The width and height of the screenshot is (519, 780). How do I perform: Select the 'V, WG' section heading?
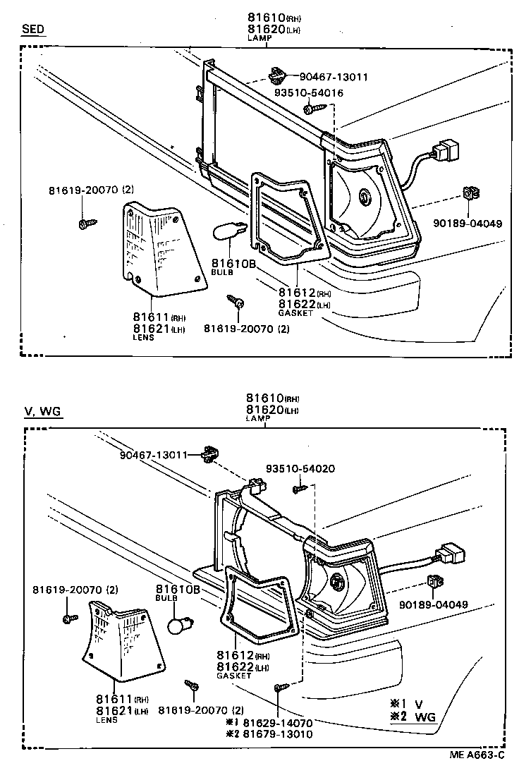click(x=42, y=412)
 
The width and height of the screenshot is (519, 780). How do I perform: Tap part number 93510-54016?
click(x=309, y=93)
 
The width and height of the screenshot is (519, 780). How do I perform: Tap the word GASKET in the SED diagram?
click(x=295, y=312)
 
